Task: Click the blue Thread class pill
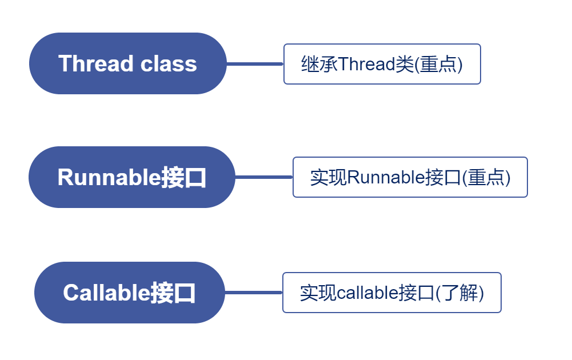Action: [128, 63]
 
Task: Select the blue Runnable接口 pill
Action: [131, 177]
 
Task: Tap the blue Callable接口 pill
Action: [129, 293]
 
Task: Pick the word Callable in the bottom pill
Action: [106, 293]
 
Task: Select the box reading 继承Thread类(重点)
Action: [382, 64]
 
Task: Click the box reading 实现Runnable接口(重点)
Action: [410, 177]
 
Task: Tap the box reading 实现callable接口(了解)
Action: [391, 293]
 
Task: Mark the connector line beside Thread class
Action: [255, 64]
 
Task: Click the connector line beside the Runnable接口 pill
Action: [263, 177]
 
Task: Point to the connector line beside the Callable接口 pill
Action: [253, 293]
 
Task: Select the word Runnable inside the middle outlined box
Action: [386, 178]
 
